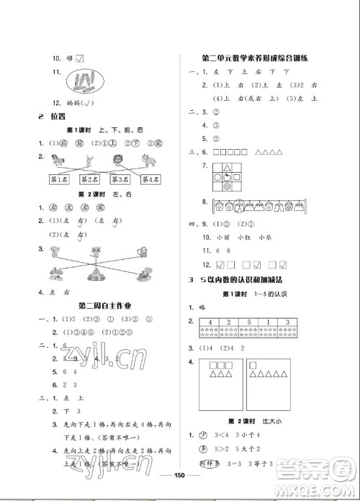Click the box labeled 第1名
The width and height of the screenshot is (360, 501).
[x=58, y=180]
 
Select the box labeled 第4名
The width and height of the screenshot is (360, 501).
[x=150, y=180]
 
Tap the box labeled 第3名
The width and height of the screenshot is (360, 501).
[x=120, y=180]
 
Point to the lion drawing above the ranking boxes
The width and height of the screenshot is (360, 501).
[x=116, y=159]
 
